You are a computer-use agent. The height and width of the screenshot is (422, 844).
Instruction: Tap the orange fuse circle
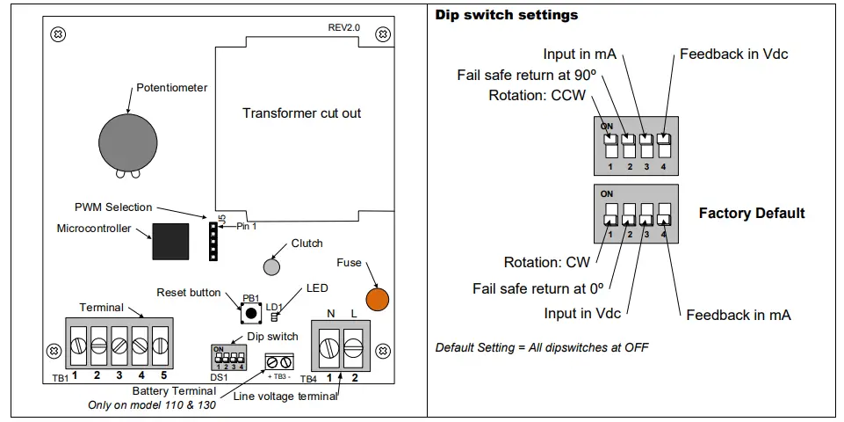point(377,298)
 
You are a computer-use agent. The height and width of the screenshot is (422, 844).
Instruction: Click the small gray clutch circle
point(273,266)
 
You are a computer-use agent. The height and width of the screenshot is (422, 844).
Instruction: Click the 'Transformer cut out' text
point(301,113)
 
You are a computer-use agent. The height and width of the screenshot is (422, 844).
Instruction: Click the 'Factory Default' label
point(751,214)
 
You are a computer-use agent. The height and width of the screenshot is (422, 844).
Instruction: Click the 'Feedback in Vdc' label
point(733,55)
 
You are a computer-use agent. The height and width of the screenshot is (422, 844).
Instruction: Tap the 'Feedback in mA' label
point(738,315)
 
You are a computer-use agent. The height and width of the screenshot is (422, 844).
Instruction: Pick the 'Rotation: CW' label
point(545,262)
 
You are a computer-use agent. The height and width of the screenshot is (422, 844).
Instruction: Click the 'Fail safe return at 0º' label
point(540,288)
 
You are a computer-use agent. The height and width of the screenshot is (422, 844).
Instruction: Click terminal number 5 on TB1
point(161,340)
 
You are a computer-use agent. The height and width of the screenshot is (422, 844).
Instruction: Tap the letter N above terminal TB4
point(331,313)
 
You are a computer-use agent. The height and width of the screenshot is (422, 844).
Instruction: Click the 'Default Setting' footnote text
point(542,347)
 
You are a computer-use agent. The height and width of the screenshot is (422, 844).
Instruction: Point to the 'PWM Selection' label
point(112,207)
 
